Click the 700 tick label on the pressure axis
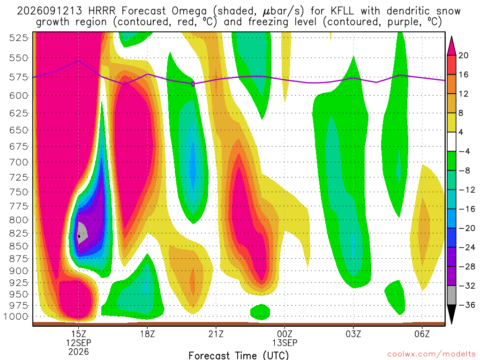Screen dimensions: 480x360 tap(19, 162)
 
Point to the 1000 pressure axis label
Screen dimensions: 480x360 tap(16, 316)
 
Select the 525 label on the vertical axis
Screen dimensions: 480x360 tap(19, 38)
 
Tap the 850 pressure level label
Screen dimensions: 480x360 tap(19, 246)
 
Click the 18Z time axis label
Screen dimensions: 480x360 tap(148, 334)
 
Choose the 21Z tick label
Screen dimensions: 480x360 tap(216, 334)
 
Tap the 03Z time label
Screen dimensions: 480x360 tap(353, 334)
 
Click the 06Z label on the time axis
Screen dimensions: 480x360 tap(422, 334)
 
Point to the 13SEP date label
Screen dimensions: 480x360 tap(285, 343)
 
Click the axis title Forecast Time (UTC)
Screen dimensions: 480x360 tap(239, 355)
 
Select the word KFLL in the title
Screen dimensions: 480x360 tap(342, 11)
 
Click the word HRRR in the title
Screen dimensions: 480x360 tap(102, 11)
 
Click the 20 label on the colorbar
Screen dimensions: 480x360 tap(464, 55)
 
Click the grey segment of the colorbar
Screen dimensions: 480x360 tap(451, 295)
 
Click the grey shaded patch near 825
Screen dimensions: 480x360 tap(82, 232)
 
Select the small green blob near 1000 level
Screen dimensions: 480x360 tap(260, 312)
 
